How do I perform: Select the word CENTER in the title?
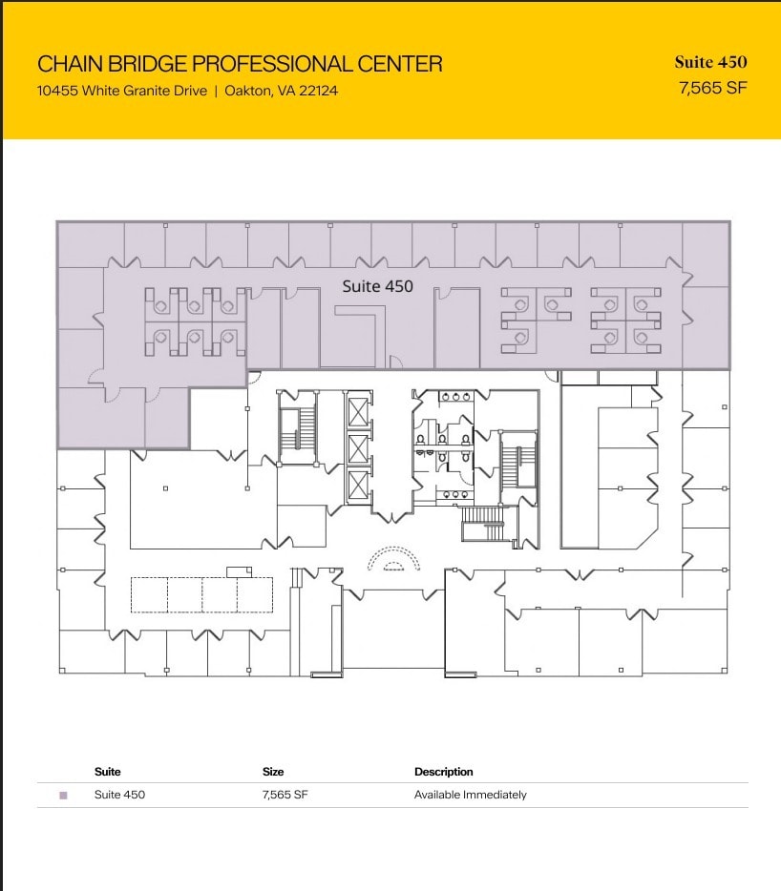click(x=400, y=64)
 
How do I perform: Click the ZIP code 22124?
click(x=319, y=91)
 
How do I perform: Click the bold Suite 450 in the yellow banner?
click(x=711, y=62)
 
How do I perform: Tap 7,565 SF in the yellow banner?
click(x=713, y=88)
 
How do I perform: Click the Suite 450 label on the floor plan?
click(x=378, y=286)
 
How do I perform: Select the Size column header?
click(x=273, y=772)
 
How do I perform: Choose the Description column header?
click(x=444, y=772)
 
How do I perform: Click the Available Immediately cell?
click(x=471, y=795)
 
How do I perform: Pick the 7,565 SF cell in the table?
click(x=285, y=795)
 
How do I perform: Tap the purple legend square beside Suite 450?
click(x=64, y=796)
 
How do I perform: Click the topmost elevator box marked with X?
click(x=358, y=412)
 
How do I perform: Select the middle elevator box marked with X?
click(x=358, y=449)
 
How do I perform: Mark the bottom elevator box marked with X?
click(x=358, y=486)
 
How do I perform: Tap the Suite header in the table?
click(x=108, y=772)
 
